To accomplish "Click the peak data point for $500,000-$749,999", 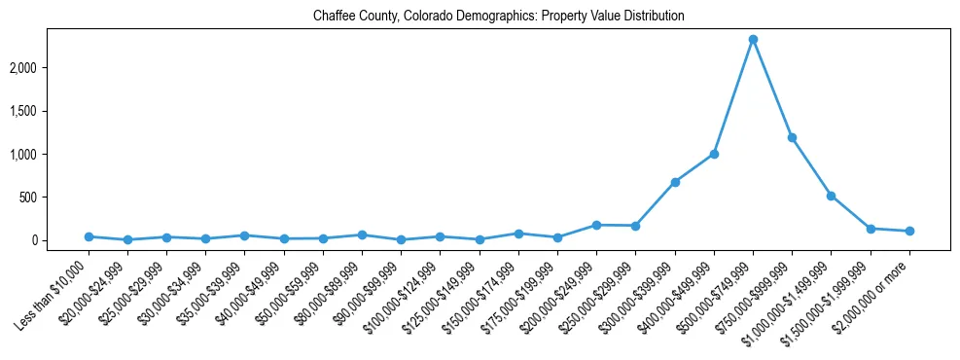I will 753,40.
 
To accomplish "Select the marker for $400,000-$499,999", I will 714,154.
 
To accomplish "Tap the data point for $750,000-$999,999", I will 792,137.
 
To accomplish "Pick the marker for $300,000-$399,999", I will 675,182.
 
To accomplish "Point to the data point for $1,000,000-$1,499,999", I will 831,196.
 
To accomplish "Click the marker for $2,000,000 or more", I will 909,231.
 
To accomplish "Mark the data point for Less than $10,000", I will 89,236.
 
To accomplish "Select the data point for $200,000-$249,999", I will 596,225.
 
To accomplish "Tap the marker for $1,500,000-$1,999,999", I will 871,229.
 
